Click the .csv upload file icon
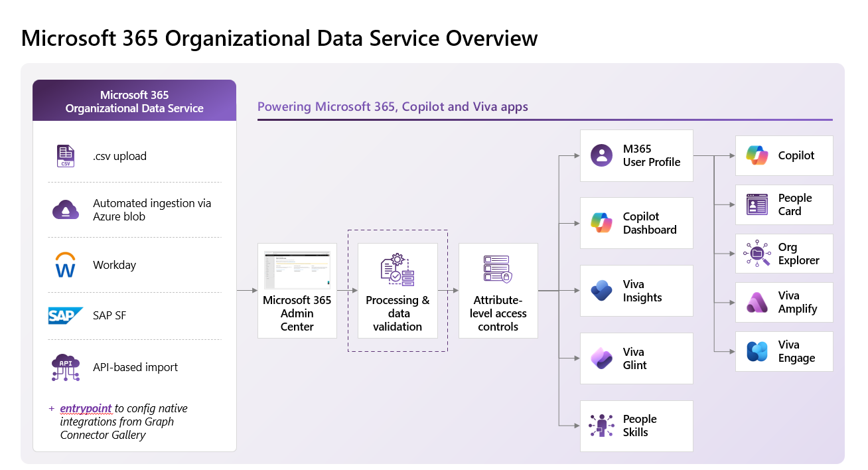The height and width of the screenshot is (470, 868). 66,156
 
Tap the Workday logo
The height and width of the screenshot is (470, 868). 65,265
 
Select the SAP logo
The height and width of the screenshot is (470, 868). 65,315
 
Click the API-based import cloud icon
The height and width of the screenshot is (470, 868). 66,367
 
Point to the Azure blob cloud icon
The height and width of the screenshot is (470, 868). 66,210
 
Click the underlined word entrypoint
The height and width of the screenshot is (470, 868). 86,408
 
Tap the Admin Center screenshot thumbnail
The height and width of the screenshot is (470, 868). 297,270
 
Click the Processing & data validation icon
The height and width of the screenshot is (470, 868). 398,270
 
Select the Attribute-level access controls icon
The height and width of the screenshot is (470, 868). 498,269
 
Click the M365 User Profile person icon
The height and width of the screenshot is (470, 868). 601,155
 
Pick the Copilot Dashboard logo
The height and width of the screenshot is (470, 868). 601,223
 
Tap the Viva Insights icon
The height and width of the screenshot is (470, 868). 601,291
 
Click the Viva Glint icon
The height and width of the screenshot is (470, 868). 601,358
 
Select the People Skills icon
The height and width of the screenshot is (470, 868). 601,426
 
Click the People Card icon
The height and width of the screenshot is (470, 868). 757,204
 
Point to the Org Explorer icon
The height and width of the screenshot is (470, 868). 757,253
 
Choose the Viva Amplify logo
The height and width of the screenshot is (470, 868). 757,303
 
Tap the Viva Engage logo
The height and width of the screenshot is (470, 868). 757,351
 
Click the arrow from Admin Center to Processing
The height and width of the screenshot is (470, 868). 347,291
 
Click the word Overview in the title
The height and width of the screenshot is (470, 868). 491,39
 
